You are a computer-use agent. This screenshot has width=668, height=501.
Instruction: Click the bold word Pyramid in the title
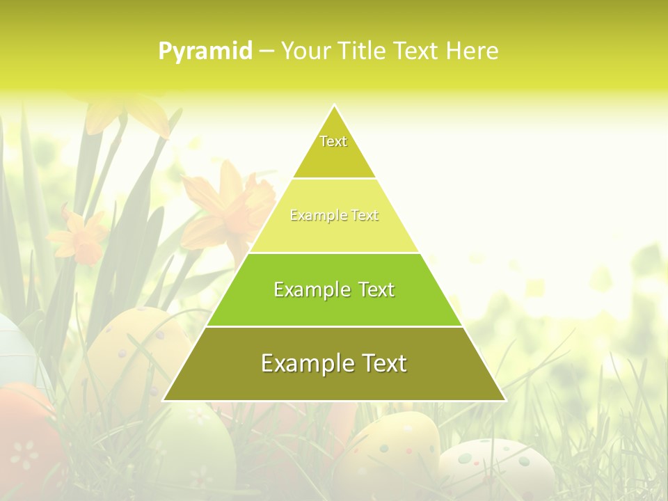pyautogui.click(x=205, y=51)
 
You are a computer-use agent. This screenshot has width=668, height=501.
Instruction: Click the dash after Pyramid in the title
pyautogui.click(x=267, y=51)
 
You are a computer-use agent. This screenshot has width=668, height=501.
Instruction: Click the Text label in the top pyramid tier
pyautogui.click(x=333, y=141)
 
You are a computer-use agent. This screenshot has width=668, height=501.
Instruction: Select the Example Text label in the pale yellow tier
pyautogui.click(x=334, y=216)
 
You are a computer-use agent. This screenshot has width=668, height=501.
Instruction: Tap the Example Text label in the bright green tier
pyautogui.click(x=334, y=289)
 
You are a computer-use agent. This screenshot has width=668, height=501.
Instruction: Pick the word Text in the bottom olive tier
pyautogui.click(x=383, y=363)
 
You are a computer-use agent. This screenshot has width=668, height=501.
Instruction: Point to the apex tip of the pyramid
pyautogui.click(x=335, y=106)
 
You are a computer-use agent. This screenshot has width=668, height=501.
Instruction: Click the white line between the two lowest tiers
pyautogui.click(x=334, y=326)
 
